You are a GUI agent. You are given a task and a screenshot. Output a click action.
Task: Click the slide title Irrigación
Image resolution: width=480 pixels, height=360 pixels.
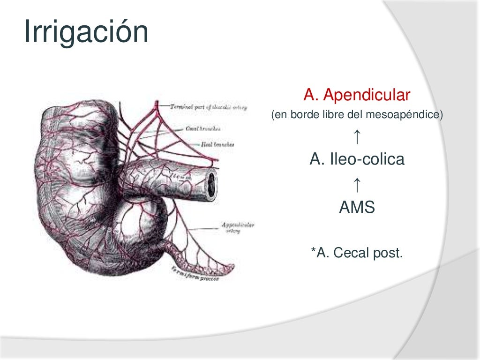[86, 32]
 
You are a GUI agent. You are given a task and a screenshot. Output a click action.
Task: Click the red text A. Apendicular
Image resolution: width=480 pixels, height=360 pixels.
[357, 96]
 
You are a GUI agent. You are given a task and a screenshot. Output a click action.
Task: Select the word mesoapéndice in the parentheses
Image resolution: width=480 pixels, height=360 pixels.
[409, 115]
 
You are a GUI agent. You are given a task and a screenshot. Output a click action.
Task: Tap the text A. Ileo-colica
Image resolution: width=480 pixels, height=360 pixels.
[357, 160]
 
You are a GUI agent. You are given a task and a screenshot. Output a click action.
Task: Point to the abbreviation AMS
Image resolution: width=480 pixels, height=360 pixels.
[357, 207]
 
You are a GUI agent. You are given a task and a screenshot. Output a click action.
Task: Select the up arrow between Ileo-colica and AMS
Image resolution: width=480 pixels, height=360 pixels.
[357, 185]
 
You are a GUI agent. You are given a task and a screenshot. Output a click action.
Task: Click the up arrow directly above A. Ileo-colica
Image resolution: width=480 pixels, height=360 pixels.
[357, 137]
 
